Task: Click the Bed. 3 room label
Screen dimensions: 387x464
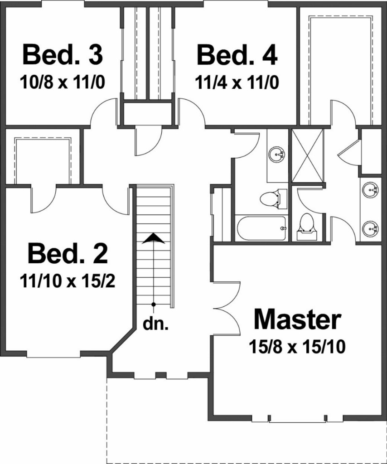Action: (63, 54)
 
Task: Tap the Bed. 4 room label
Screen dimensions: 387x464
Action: (237, 55)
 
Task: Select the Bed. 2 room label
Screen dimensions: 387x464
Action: (68, 253)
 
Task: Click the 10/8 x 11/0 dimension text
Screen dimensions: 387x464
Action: (63, 82)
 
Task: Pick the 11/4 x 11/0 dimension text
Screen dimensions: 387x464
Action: (237, 82)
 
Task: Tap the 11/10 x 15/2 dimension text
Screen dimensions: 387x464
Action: (68, 280)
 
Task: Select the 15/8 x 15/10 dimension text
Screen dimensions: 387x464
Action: (297, 347)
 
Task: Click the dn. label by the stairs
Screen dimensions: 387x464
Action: (155, 324)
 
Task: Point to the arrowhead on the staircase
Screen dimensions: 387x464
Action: (153, 238)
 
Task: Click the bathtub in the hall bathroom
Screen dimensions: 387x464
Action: (261, 228)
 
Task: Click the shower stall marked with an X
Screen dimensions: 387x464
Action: (308, 156)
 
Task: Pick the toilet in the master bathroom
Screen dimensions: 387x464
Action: (306, 227)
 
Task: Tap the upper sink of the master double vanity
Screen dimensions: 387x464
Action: (370, 189)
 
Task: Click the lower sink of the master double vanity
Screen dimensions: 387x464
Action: (370, 229)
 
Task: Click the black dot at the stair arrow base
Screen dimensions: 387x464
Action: (153, 304)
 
